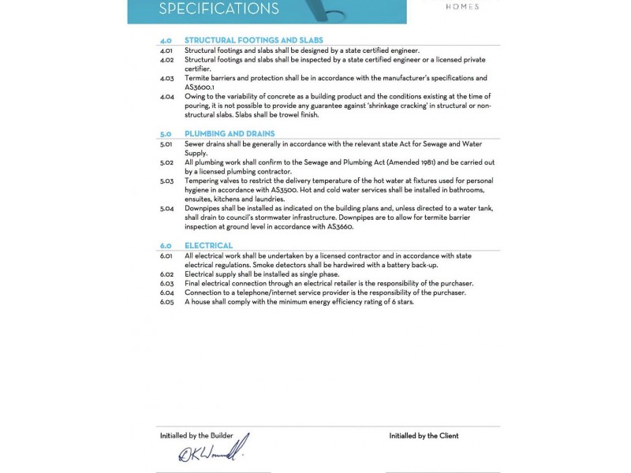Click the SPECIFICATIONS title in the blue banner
(x=218, y=9)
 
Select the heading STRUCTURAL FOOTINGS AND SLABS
(x=253, y=40)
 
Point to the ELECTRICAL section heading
(x=208, y=246)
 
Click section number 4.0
(x=166, y=40)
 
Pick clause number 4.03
(x=166, y=78)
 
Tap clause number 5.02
(x=166, y=162)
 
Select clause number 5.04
(x=166, y=208)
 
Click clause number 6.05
(x=166, y=302)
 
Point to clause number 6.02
(x=166, y=274)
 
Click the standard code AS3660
(x=340, y=227)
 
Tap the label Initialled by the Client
(x=424, y=435)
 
